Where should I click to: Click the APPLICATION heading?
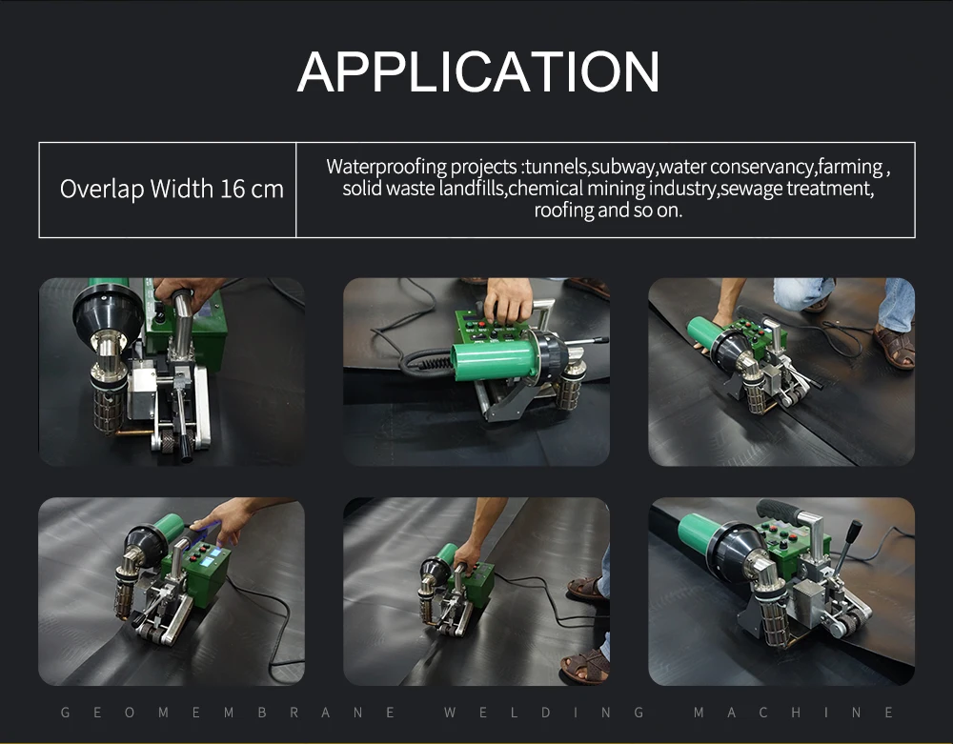coord(478,71)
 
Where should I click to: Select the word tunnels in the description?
coord(557,167)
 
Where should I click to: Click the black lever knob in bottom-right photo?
coord(855,527)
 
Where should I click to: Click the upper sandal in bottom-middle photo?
coord(586,589)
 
